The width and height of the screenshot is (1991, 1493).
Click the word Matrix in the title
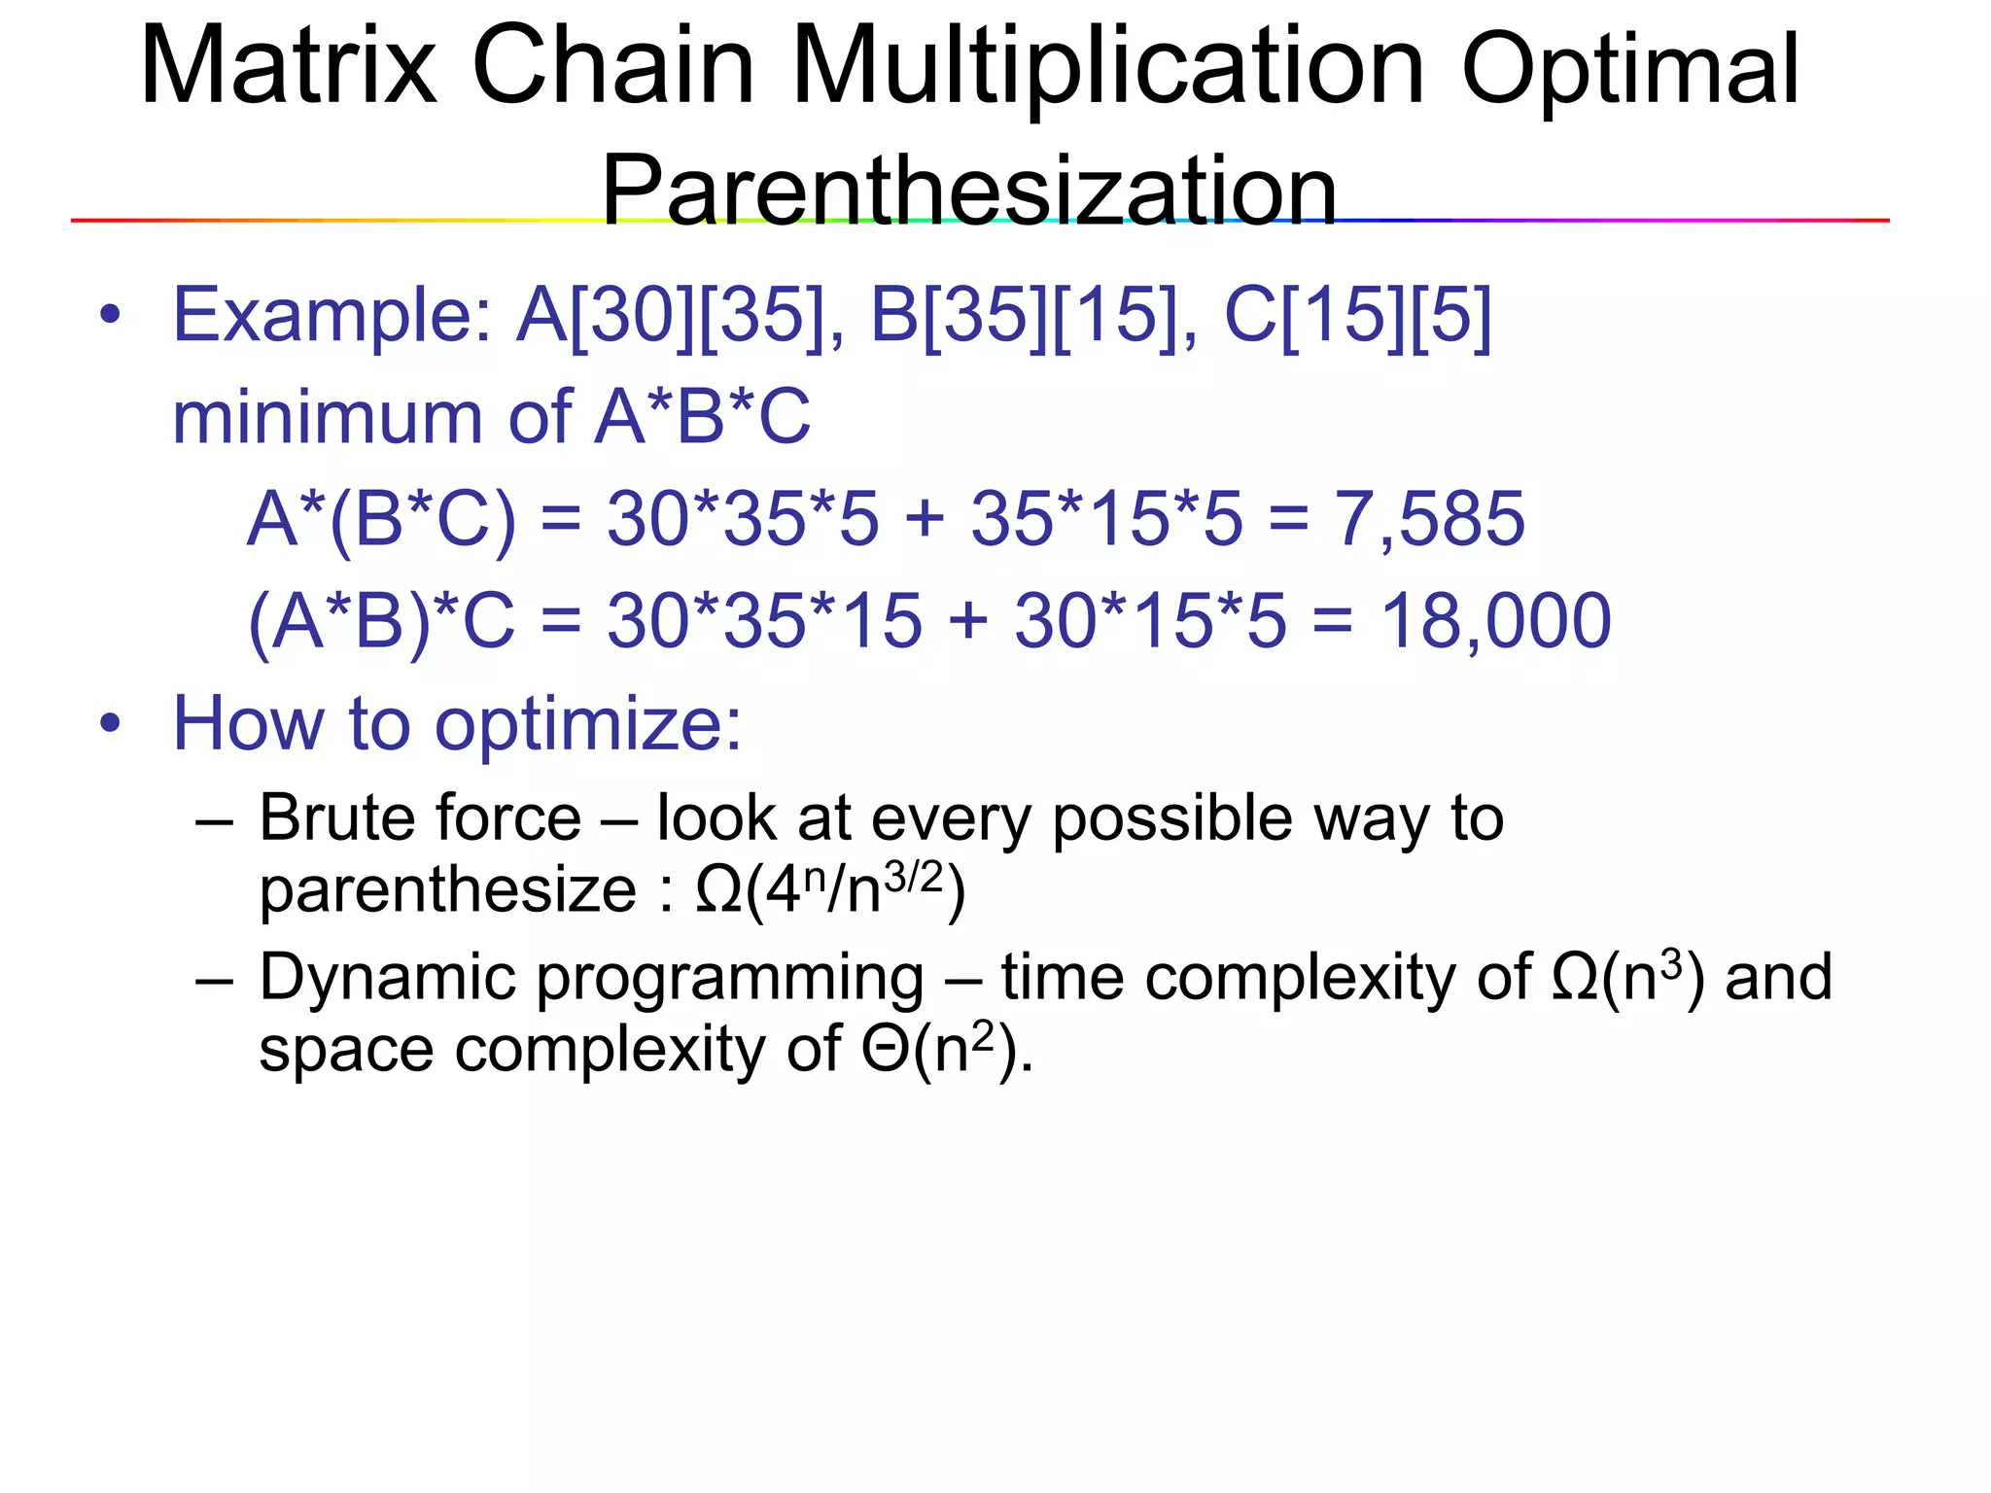(x=288, y=66)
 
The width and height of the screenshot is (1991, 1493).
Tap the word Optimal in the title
(x=1630, y=70)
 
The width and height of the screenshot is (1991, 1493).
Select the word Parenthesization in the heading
(x=968, y=191)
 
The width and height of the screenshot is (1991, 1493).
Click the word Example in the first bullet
(x=332, y=316)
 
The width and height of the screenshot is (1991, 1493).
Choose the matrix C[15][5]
(x=1357, y=316)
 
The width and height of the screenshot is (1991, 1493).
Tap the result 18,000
(x=1495, y=621)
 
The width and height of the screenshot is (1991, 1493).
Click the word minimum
(x=327, y=418)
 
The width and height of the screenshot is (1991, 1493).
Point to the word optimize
(x=587, y=725)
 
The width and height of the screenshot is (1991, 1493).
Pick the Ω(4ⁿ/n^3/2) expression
(x=831, y=889)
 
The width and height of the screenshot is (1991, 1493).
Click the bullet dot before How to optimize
(x=111, y=724)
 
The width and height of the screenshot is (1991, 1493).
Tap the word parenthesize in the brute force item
(x=447, y=890)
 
